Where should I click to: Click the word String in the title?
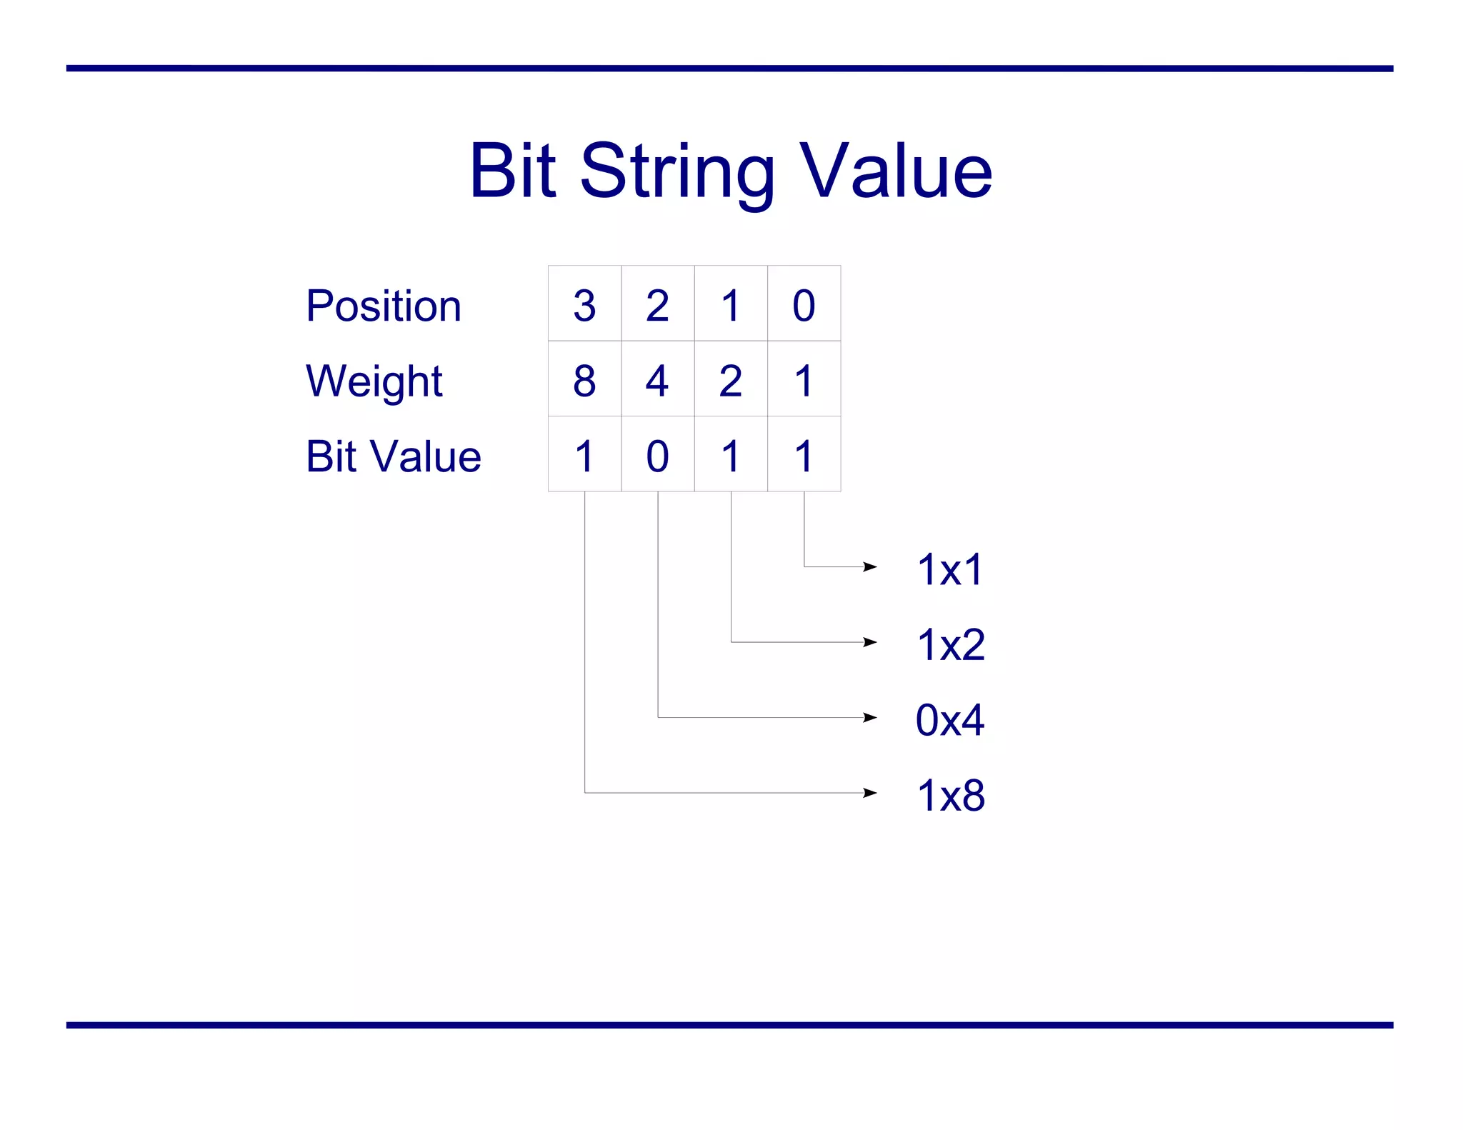pyautogui.click(x=677, y=171)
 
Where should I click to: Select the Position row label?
pyautogui.click(x=384, y=306)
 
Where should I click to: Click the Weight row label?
pyautogui.click(x=374, y=381)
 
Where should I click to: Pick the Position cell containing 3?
pyautogui.click(x=584, y=305)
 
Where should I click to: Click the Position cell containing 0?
pyautogui.click(x=804, y=305)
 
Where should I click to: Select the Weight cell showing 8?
pyautogui.click(x=584, y=380)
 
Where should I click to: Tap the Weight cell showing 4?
pyautogui.click(x=657, y=380)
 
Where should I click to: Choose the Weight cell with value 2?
pyautogui.click(x=730, y=380)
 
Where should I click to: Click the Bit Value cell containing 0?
pyautogui.click(x=657, y=455)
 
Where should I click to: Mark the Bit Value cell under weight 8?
pyautogui.click(x=584, y=455)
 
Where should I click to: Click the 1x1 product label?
pyautogui.click(x=950, y=569)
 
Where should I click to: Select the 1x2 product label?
pyautogui.click(x=951, y=644)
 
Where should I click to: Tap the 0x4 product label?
pyautogui.click(x=950, y=719)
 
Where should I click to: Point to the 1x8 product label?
pyautogui.click(x=951, y=795)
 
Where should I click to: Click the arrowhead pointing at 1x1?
pyautogui.click(x=870, y=566)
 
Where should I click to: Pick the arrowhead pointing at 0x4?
pyautogui.click(x=870, y=717)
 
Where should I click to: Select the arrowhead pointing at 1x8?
pyautogui.click(x=870, y=792)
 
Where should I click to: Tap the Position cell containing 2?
pyautogui.click(x=657, y=305)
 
